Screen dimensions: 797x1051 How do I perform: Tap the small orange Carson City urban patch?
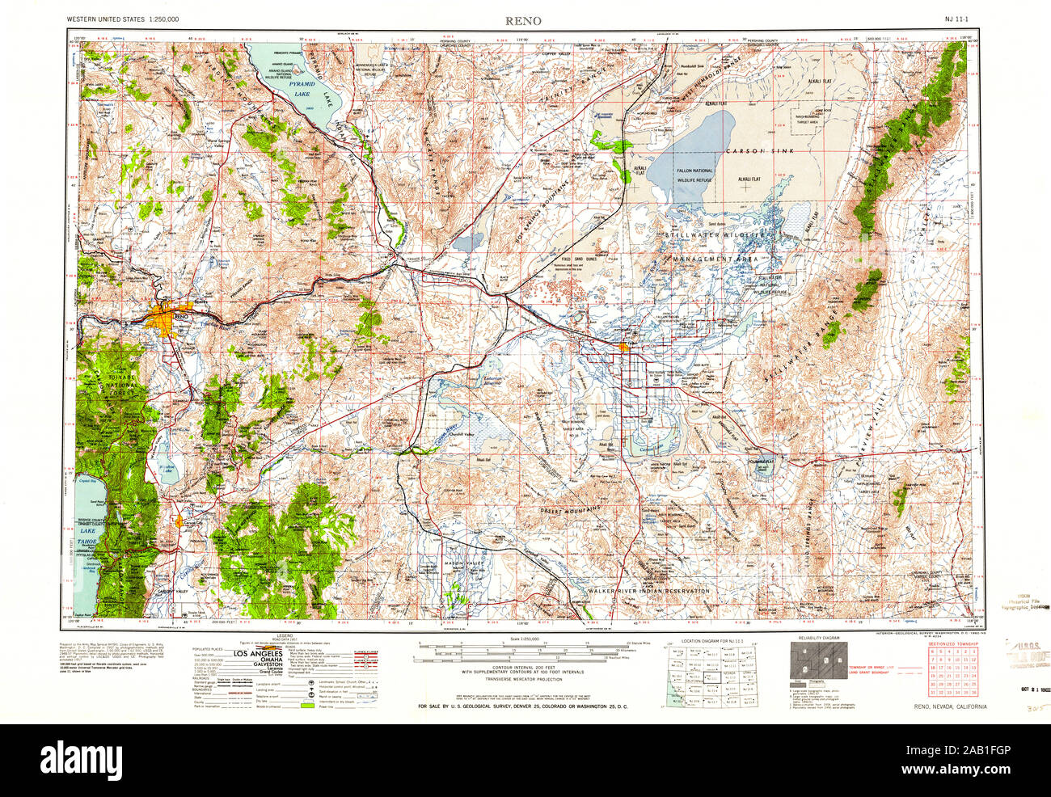pos(178,521)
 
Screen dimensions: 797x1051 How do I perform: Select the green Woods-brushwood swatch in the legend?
pos(306,706)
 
